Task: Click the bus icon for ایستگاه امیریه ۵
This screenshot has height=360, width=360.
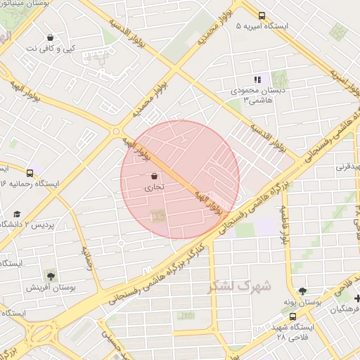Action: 262,15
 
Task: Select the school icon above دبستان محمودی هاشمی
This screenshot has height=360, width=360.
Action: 257,79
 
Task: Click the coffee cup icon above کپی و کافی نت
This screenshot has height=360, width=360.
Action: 50,37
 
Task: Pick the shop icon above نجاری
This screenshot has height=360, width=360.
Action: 154,176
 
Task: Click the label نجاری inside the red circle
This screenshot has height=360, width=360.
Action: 153,188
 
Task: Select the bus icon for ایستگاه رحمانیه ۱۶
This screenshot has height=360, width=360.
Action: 30,172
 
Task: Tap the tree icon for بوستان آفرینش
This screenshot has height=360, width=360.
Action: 51,275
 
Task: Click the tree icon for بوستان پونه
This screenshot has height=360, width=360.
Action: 302,290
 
